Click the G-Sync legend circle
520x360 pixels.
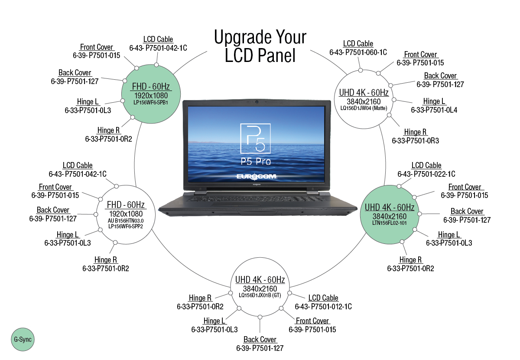click(22, 340)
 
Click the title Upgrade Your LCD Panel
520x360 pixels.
click(260, 46)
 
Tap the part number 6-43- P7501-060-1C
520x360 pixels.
click(358, 52)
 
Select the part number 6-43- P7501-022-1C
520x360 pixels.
click(426, 174)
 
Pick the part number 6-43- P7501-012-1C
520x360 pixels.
click(323, 306)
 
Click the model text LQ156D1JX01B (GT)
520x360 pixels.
click(260, 295)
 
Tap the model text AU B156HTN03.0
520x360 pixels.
click(126, 221)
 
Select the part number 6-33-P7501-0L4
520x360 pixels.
click(434, 110)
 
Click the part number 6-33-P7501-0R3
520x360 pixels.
click(415, 140)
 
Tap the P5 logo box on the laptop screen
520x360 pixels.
click(255, 138)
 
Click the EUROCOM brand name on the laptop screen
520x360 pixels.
click(257, 176)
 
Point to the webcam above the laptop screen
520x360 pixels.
click(257, 102)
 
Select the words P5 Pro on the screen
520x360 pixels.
click(256, 161)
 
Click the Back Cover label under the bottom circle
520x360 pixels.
click(260, 339)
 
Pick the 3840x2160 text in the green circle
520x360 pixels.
click(387, 216)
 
